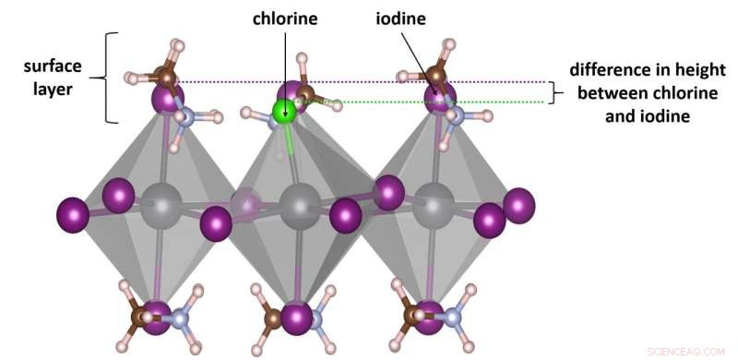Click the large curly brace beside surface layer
(x=113, y=78)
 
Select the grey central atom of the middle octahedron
(x=297, y=203)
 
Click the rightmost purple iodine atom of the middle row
(x=519, y=205)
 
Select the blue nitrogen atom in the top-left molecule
(x=185, y=116)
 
